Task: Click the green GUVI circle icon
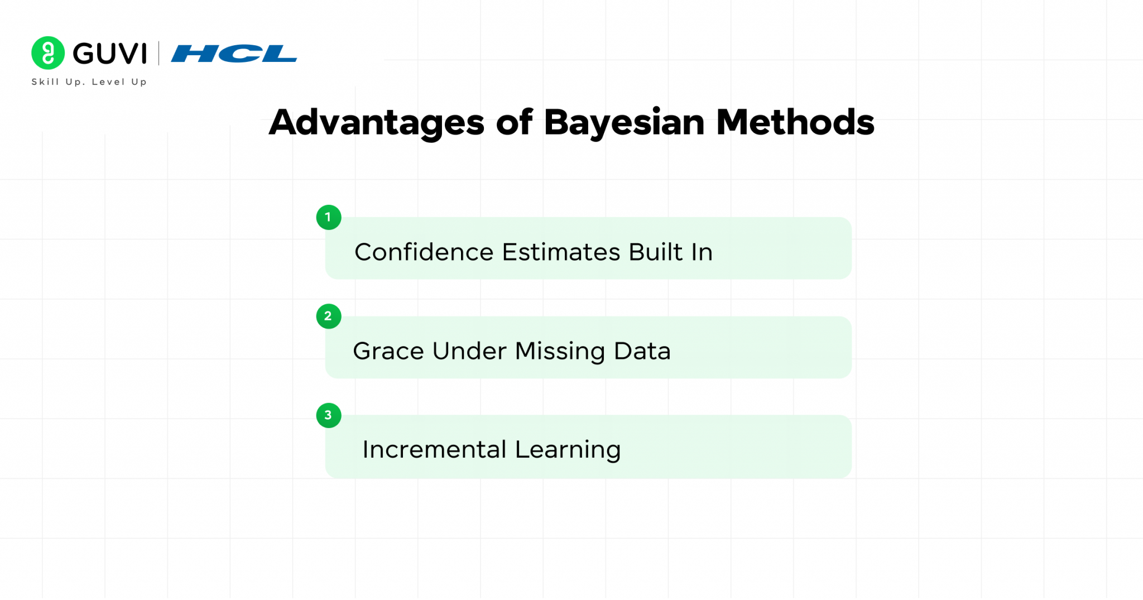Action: (48, 53)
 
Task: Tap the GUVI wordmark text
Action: (110, 54)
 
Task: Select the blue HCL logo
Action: (234, 54)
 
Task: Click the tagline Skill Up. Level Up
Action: (89, 82)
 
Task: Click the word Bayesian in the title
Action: (624, 123)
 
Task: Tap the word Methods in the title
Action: (795, 123)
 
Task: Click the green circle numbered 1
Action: (329, 217)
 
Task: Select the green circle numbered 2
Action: (329, 316)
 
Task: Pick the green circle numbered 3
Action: (329, 415)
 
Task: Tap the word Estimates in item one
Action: (561, 252)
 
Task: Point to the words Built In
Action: (670, 252)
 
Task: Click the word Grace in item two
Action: (388, 351)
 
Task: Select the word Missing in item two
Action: (560, 352)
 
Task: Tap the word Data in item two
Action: (642, 351)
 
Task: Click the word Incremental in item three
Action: (434, 450)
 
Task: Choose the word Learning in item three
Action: (568, 450)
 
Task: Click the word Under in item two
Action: (469, 351)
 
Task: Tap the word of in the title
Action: (514, 123)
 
